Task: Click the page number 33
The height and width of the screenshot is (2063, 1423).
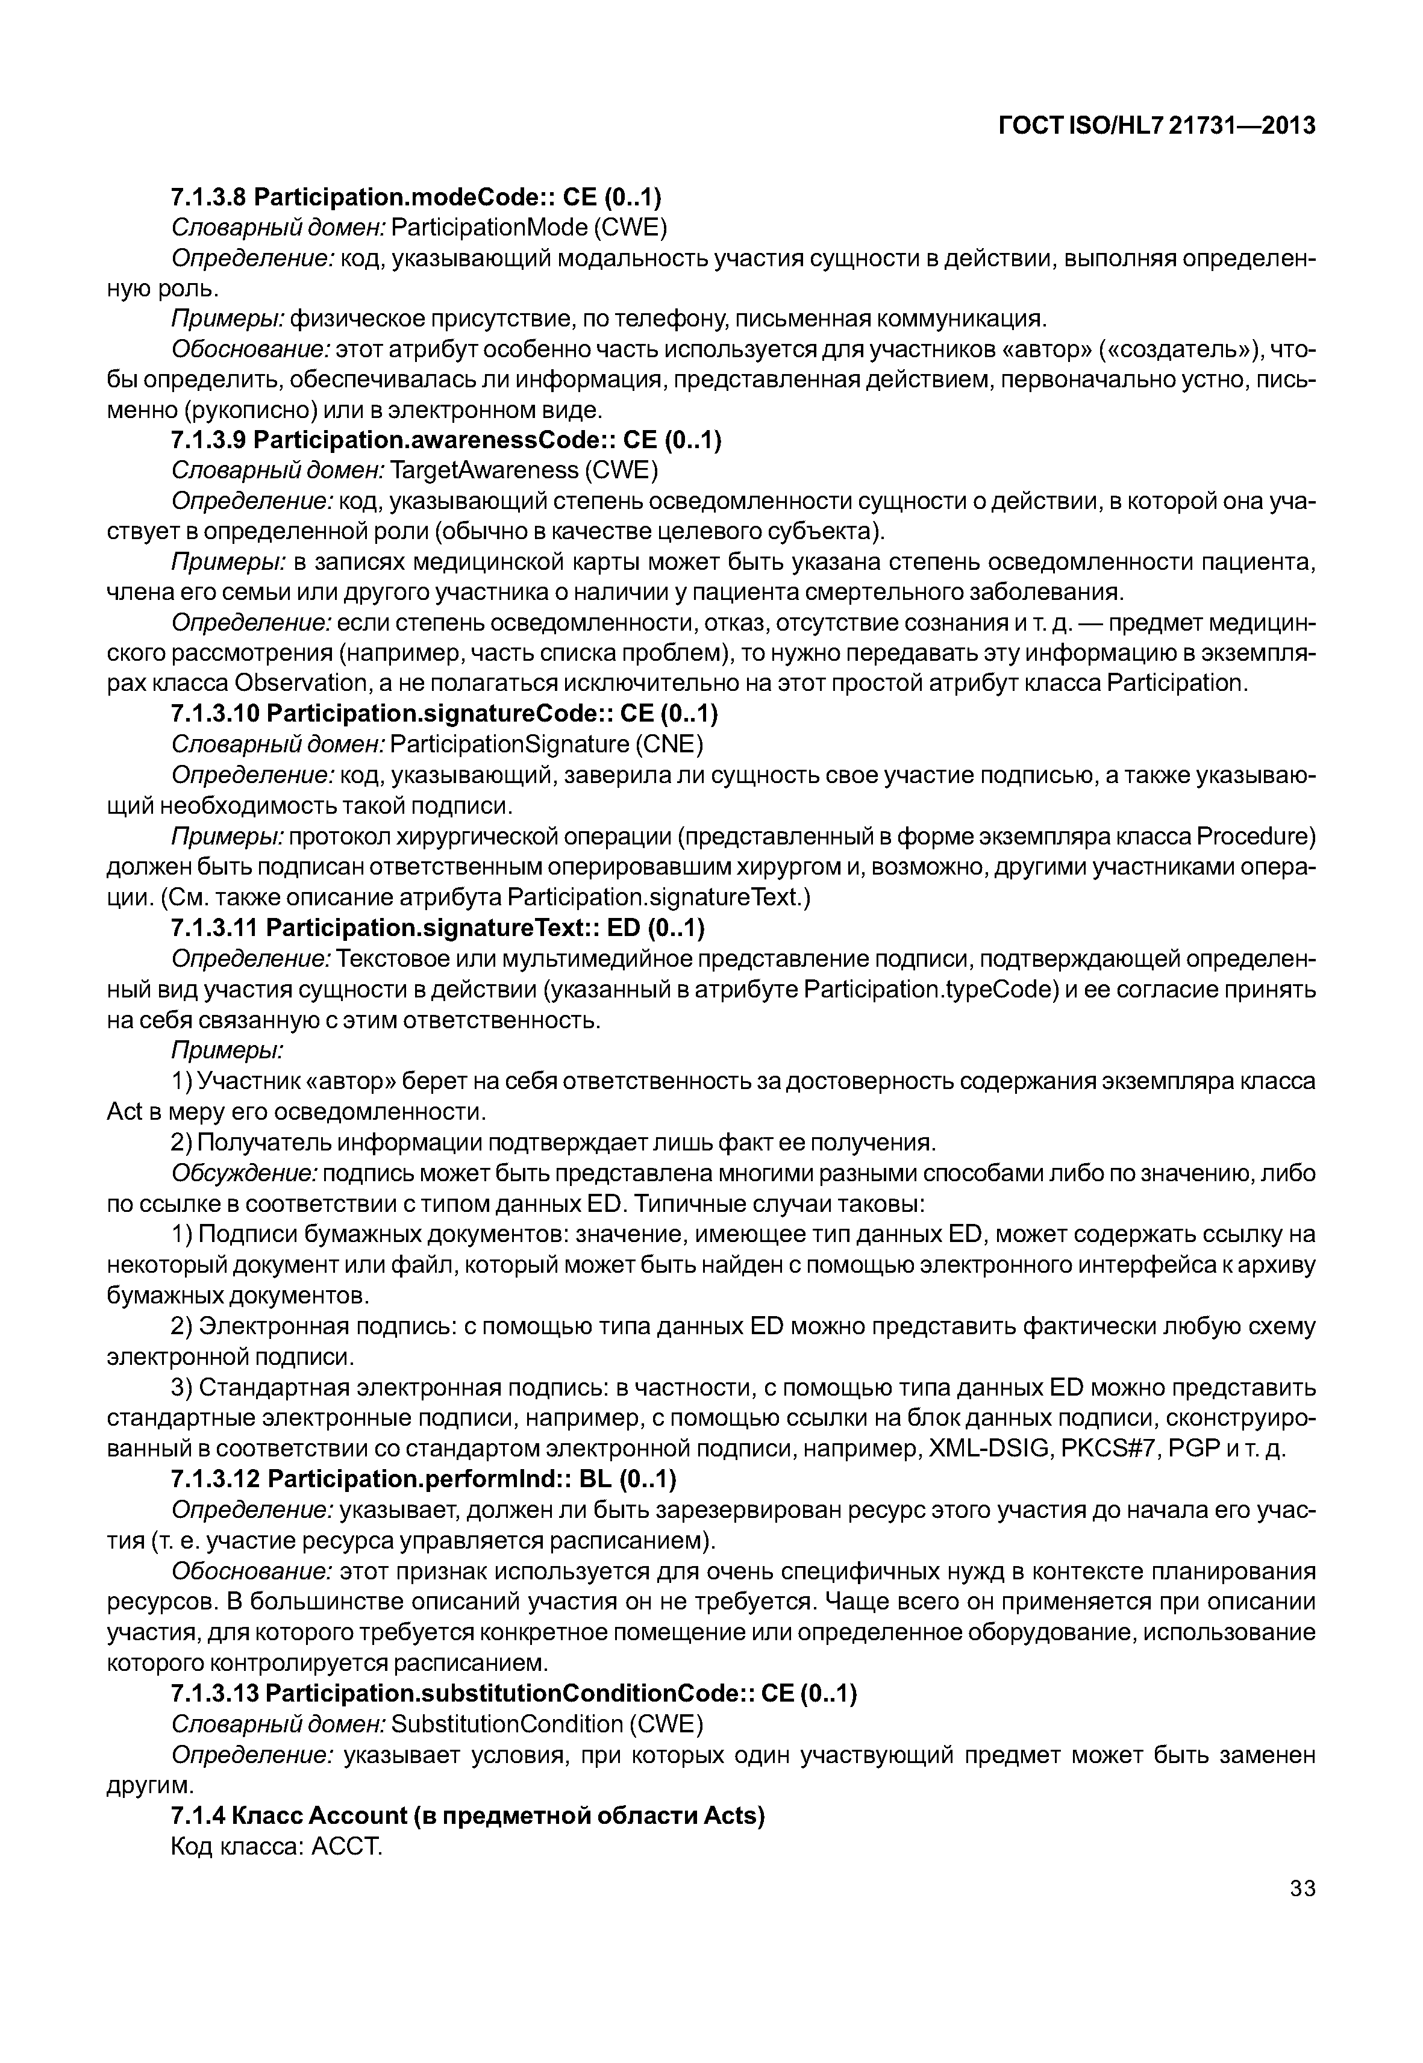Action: [x=1302, y=1888]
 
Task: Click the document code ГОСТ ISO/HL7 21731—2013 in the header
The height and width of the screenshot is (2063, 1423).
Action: [x=1156, y=126]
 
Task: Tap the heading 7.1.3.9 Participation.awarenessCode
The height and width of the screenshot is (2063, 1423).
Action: [x=446, y=440]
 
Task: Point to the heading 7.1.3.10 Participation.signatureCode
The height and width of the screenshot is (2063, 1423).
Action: [x=444, y=713]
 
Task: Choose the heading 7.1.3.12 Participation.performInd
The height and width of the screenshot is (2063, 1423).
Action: [x=424, y=1479]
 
